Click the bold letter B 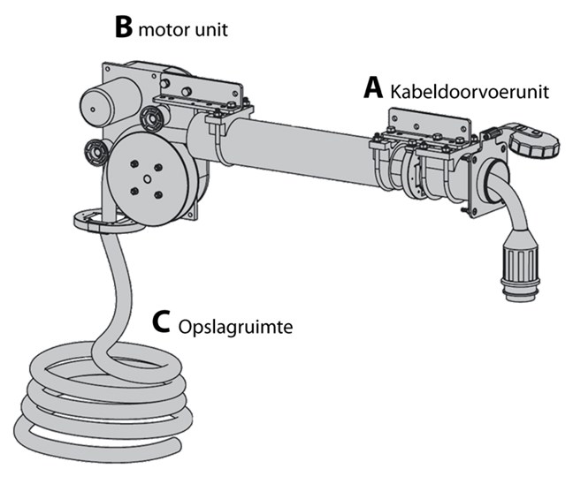(124, 26)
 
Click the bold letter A (374, 87)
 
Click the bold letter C (160, 322)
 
